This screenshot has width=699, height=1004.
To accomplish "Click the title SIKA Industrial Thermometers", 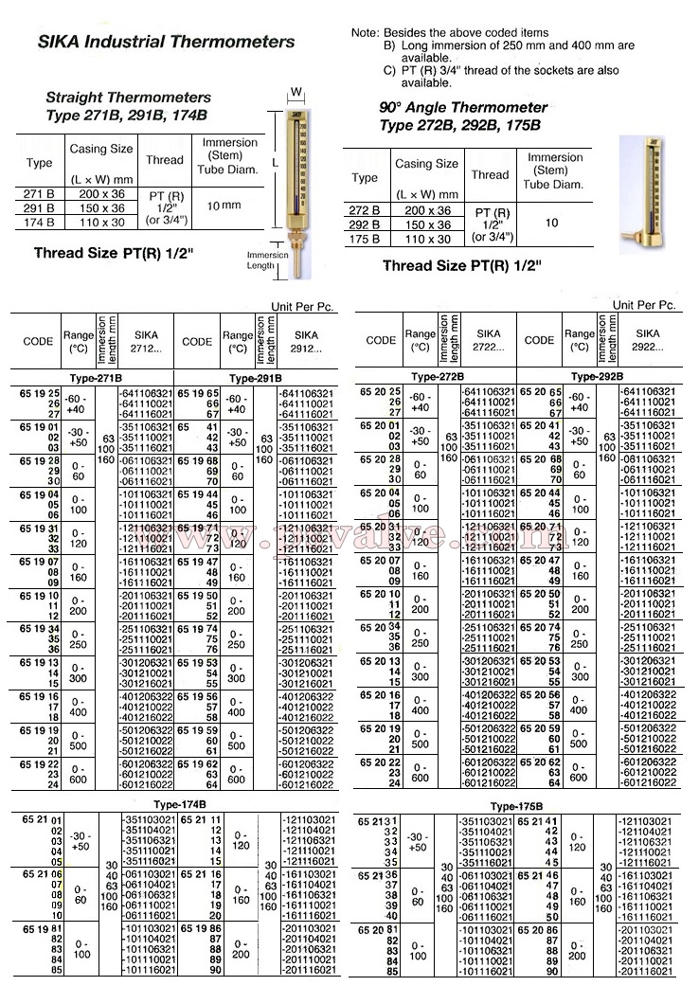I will (166, 42).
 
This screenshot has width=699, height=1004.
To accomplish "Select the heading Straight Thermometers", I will (128, 98).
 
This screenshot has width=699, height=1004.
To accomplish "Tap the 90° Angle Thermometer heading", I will (463, 108).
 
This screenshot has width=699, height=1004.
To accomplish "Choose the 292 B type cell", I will (365, 224).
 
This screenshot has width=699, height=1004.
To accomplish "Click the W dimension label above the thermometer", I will (296, 92).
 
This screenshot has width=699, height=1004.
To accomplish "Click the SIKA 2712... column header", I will (147, 341).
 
